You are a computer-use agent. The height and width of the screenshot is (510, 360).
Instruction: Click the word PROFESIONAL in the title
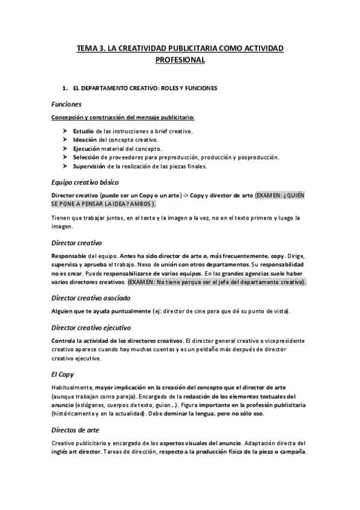(x=180, y=60)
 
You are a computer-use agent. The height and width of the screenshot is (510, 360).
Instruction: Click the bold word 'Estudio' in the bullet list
(x=83, y=131)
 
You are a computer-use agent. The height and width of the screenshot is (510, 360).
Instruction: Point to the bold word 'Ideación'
(x=85, y=140)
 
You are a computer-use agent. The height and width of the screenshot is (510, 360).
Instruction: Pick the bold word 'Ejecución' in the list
(x=87, y=149)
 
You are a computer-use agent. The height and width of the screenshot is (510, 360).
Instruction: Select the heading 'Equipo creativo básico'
(x=85, y=182)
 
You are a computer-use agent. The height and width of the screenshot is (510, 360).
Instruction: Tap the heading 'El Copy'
(x=63, y=374)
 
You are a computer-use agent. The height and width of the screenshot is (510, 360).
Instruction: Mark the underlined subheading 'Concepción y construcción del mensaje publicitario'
(x=114, y=117)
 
